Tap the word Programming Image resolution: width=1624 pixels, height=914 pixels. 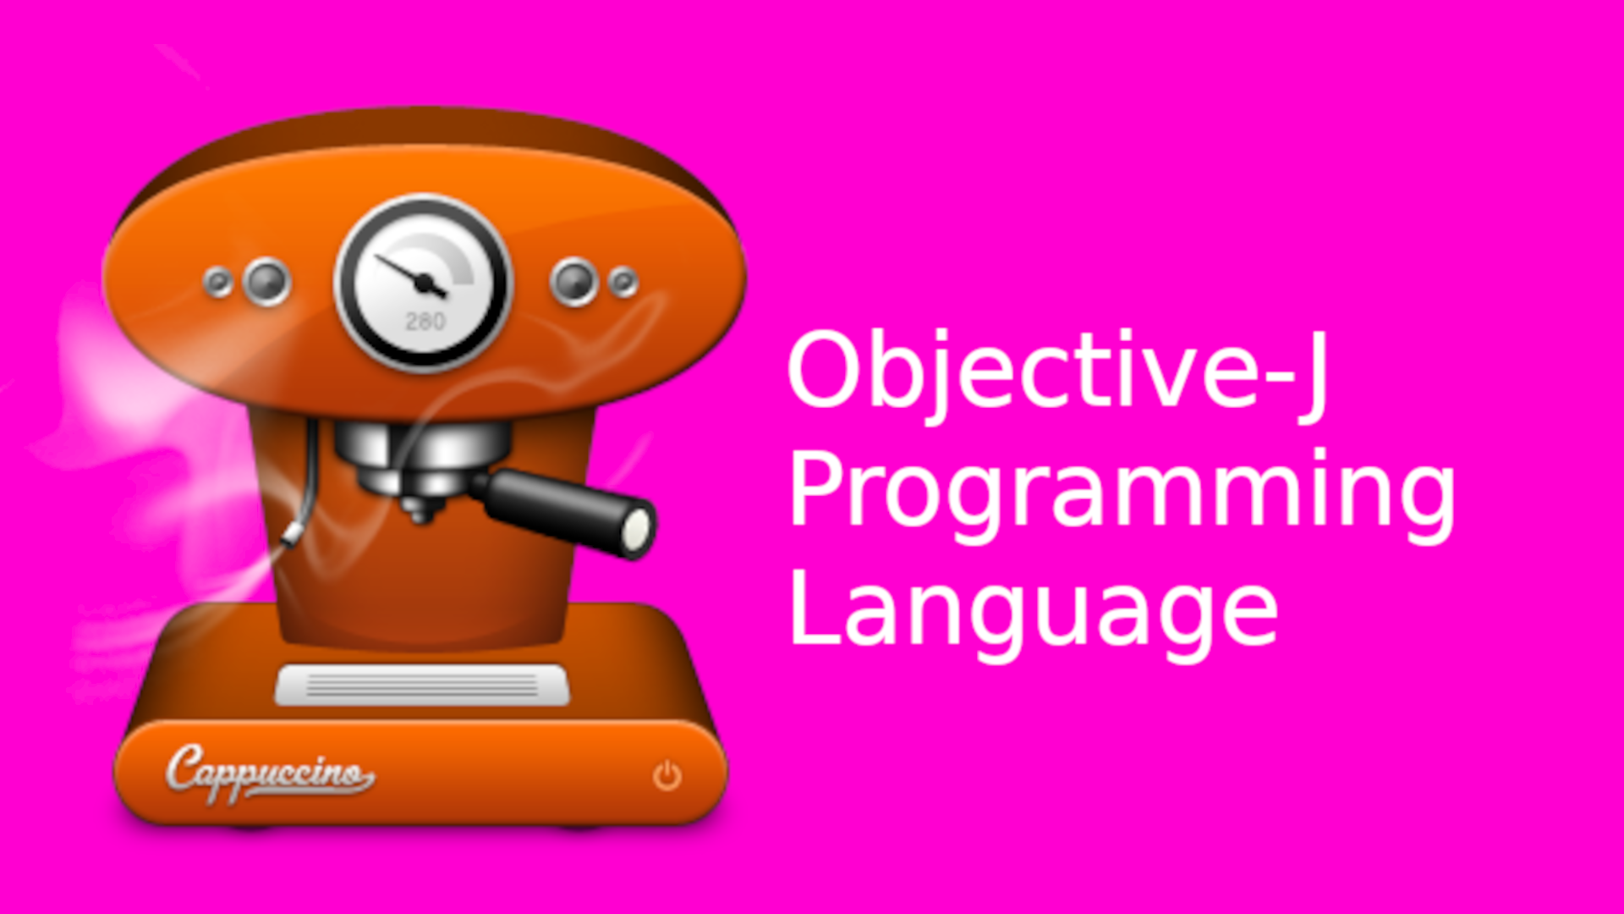1121,491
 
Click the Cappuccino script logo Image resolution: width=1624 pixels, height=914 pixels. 269,773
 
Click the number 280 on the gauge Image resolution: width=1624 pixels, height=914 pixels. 425,322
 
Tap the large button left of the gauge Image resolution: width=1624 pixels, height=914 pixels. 267,281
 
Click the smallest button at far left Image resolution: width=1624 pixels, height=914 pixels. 218,282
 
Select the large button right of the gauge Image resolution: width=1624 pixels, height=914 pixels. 574,281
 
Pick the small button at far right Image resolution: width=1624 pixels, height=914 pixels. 624,282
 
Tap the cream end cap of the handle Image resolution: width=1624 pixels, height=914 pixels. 636,529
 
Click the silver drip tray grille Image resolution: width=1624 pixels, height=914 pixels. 422,685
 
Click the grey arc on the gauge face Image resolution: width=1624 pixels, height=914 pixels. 461,258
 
